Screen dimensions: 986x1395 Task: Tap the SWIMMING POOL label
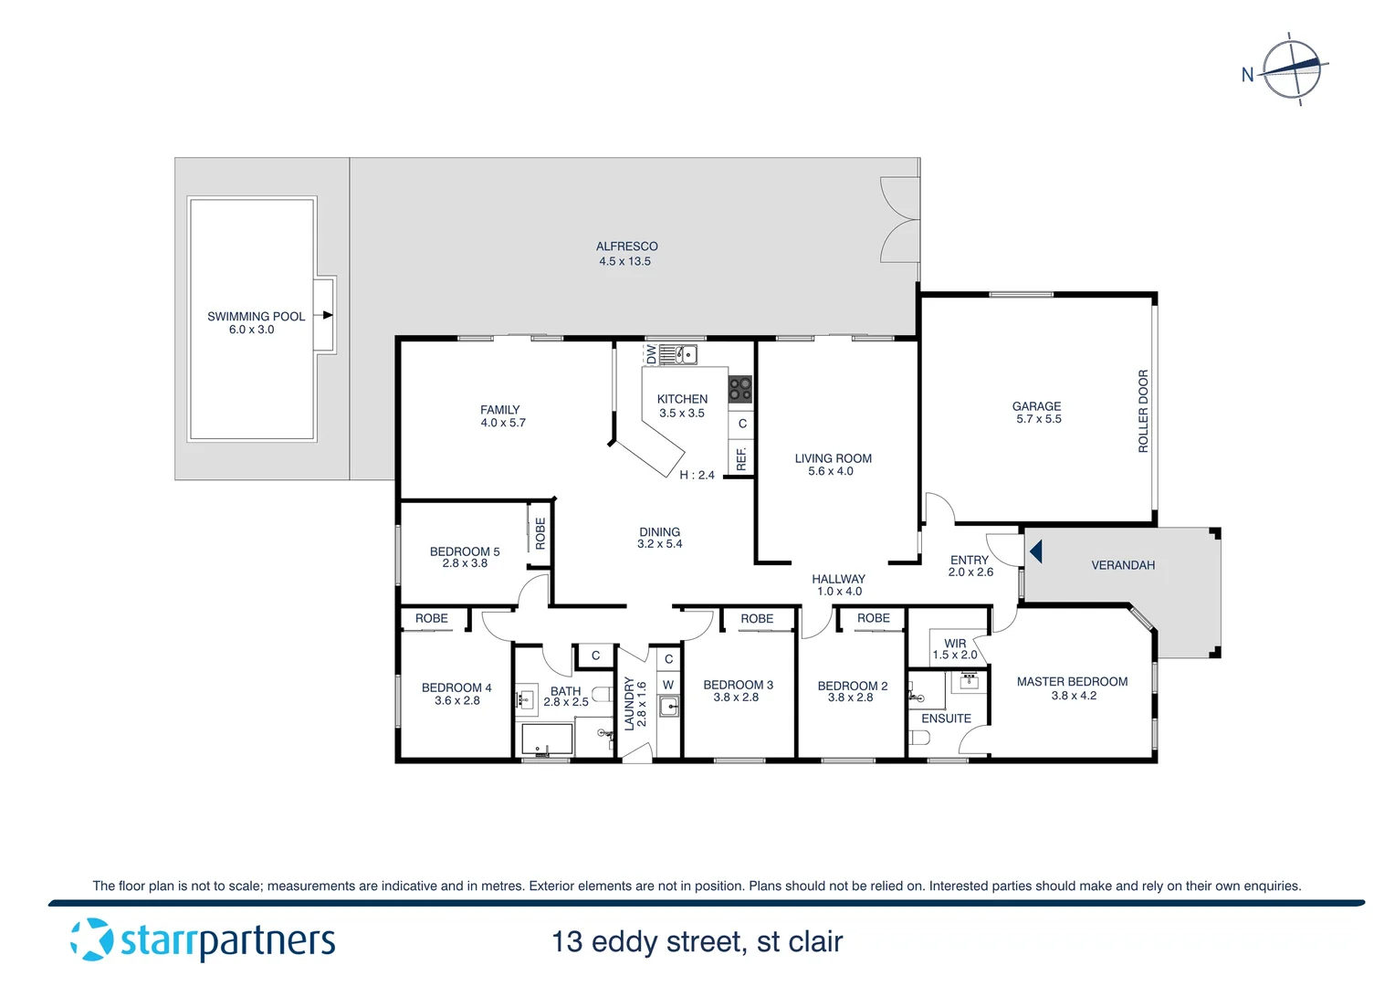tap(256, 317)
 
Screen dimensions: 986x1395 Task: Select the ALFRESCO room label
tap(626, 246)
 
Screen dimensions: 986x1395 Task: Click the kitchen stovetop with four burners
tap(739, 390)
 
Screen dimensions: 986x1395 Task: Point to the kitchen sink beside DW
tap(678, 354)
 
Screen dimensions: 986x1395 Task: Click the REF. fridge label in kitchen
tap(741, 459)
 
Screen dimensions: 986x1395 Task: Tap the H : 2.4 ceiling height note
tap(697, 475)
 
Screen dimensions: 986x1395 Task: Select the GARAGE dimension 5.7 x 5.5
tap(1038, 419)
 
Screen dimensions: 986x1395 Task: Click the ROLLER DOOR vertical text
tap(1143, 411)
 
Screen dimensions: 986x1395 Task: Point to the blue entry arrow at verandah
tap(1035, 551)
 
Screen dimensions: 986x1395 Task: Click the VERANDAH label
tap(1123, 565)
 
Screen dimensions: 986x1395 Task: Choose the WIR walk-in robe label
tap(955, 643)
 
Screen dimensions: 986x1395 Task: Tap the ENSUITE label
tap(946, 719)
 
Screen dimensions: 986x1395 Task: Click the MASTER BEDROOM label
tap(1072, 682)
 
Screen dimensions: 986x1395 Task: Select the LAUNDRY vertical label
tap(629, 703)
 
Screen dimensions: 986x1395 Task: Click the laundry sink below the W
tap(669, 706)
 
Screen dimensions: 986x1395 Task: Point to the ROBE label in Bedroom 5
tap(540, 533)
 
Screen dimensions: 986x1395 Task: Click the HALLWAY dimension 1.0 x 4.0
tap(838, 592)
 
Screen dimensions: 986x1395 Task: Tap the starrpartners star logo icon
tap(91, 939)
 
